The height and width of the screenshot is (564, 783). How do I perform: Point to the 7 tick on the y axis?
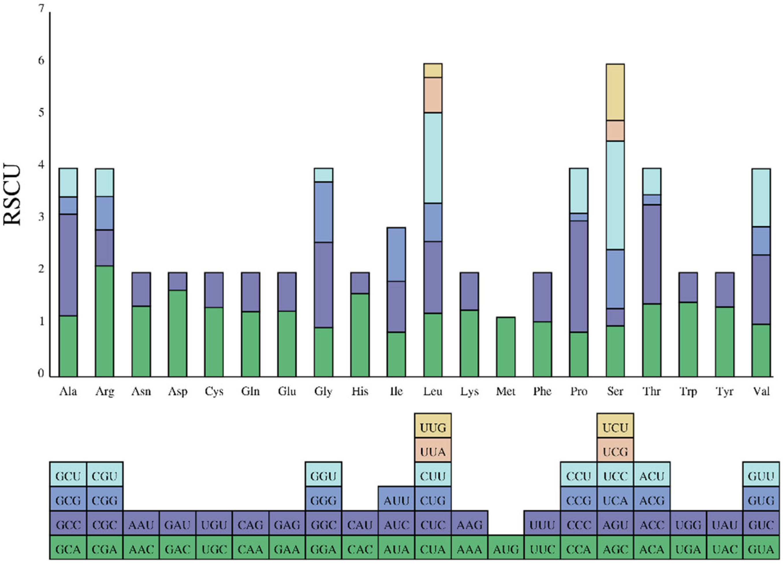[41, 9]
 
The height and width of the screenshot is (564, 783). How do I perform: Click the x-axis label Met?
[506, 391]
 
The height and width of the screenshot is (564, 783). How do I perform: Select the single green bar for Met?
[506, 347]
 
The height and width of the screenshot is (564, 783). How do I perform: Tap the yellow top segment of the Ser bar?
[615, 92]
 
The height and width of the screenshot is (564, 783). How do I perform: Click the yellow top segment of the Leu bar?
[433, 70]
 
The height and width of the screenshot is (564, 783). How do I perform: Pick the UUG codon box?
[433, 428]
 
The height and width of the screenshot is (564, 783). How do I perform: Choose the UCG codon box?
[615, 451]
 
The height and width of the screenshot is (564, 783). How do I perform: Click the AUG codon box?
[506, 549]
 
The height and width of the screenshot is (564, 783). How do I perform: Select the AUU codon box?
[396, 500]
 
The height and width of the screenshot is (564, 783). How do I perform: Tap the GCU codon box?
[68, 476]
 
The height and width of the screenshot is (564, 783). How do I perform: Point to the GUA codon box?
[761, 549]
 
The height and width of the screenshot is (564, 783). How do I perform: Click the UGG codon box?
[688, 525]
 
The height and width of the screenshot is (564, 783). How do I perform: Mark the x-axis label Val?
[761, 391]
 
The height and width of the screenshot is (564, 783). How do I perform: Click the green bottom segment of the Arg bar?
[105, 321]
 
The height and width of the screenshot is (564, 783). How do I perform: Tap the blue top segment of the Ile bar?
[396, 254]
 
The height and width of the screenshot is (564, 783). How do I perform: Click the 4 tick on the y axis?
[41, 165]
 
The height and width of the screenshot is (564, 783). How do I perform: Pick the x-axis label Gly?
[323, 391]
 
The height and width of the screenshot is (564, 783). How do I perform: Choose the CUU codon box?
[433, 476]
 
